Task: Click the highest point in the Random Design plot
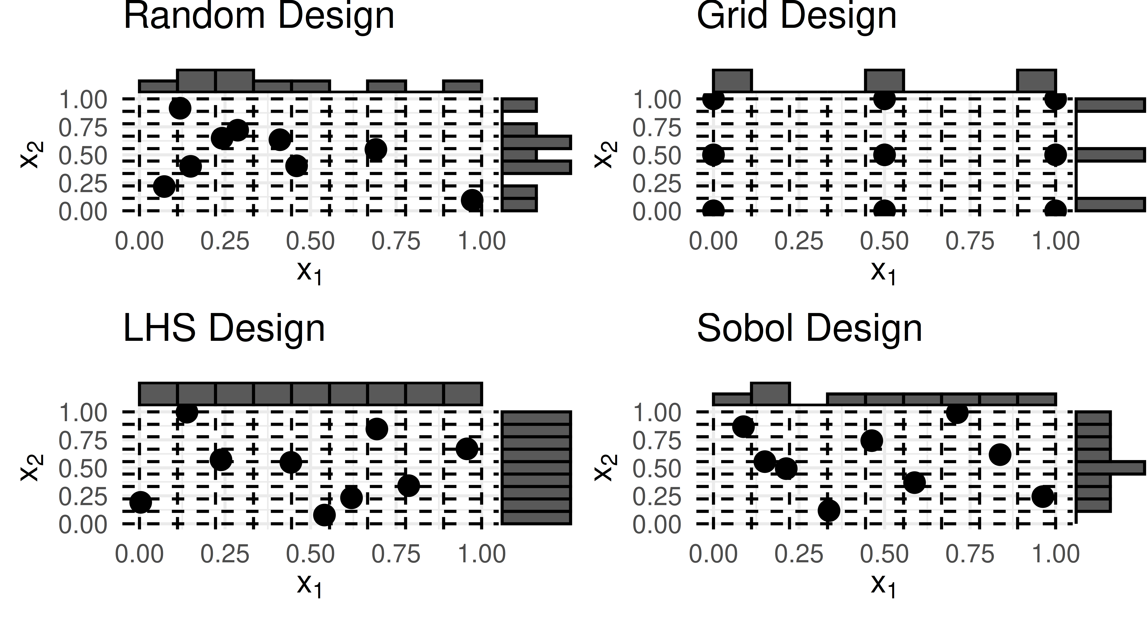[180, 108]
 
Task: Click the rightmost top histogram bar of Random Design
[463, 86]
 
